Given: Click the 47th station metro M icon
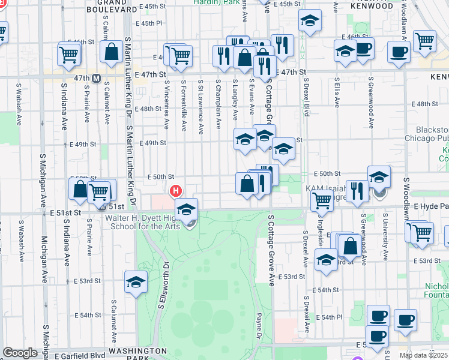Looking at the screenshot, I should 95,78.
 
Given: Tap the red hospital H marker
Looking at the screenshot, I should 176,191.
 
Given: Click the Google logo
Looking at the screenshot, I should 20,353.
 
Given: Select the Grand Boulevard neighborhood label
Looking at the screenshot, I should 112,6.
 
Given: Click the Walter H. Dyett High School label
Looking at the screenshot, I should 144,221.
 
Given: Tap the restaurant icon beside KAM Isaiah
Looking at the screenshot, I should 357,191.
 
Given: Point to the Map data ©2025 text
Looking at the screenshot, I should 423,355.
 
